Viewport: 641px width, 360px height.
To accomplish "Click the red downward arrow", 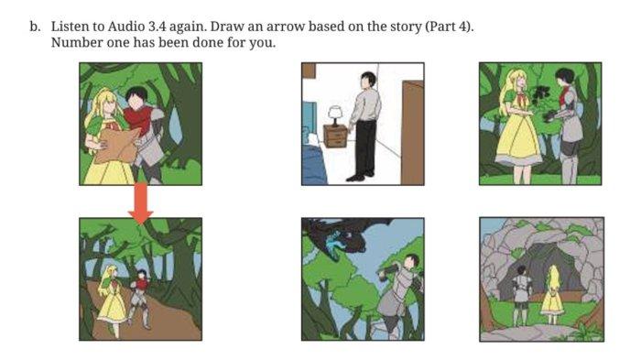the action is click(140, 202).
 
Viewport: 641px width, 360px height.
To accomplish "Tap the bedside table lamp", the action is click(335, 115).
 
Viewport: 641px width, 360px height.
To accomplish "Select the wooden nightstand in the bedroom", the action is click(335, 136).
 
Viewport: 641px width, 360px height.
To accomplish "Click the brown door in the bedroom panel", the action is click(412, 133).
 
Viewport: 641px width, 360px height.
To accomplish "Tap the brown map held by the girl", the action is click(116, 146).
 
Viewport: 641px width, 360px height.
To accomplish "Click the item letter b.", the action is click(35, 27).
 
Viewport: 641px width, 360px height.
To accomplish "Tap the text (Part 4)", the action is click(450, 27).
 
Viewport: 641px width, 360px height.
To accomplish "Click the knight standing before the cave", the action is click(521, 294).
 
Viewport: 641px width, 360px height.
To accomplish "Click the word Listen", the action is click(69, 27).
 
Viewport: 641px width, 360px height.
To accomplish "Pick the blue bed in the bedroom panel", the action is click(314, 164).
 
